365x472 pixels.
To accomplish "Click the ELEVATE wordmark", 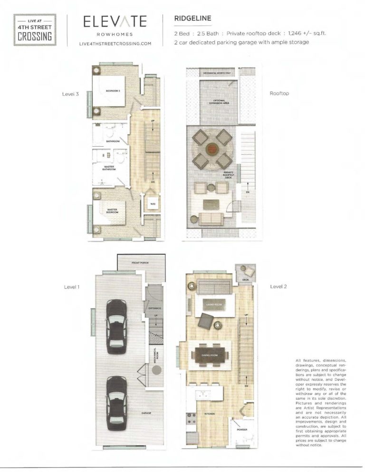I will pyautogui.click(x=115, y=22).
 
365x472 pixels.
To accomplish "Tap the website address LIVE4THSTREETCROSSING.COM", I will pyautogui.click(x=115, y=44).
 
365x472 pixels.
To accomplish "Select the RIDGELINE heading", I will pyautogui.click(x=192, y=19).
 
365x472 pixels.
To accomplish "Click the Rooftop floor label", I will pyautogui.click(x=279, y=94).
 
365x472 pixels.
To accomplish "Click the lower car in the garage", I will pyautogui.click(x=115, y=403).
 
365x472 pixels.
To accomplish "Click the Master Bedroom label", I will pyautogui.click(x=112, y=210).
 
